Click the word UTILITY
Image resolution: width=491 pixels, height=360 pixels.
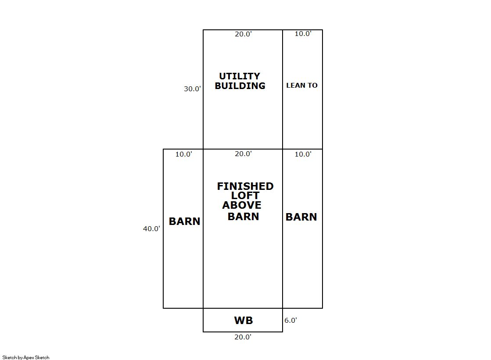240,76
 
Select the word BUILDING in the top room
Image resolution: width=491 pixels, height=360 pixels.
240,86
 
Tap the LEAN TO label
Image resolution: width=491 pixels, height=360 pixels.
302,86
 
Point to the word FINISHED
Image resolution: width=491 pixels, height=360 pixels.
245,186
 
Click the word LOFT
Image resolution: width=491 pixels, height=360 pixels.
245,196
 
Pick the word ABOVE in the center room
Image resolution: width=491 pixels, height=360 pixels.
242,205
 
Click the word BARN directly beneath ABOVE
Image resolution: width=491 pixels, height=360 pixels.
243,216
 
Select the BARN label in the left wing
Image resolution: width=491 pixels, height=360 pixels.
184,221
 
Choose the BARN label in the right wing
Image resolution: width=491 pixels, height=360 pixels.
301,217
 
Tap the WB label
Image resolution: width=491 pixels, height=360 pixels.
244,321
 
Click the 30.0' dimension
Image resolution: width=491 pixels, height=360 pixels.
192,89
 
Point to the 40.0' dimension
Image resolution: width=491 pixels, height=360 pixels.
151,228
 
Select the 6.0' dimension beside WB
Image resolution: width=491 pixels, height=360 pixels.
290,321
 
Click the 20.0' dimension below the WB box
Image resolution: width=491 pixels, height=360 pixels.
243,337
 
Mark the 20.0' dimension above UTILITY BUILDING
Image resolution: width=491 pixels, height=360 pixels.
243,34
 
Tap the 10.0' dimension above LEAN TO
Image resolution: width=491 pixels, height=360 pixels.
303,34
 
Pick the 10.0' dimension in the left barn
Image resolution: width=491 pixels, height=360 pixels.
183,154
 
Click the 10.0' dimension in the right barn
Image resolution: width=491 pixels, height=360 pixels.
303,154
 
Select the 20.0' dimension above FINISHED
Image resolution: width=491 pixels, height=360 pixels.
243,154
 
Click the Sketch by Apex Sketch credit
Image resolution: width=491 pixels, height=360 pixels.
26,357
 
